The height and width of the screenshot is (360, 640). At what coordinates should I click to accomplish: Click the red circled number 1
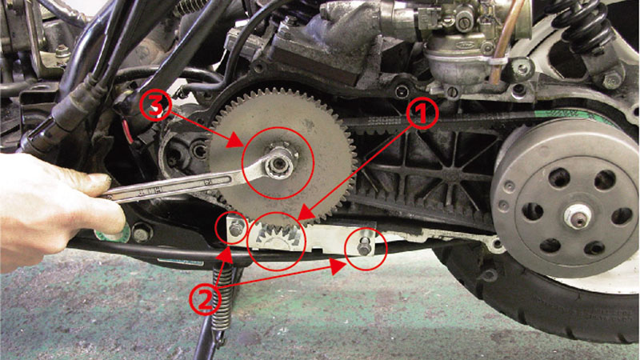point(422,114)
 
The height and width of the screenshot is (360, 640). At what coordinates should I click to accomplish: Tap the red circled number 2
point(206,299)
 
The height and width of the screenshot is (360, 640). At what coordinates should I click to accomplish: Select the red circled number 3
point(155,106)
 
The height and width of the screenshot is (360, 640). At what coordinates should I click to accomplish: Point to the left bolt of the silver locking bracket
point(236,229)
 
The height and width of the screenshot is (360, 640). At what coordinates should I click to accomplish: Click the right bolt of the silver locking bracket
point(364,247)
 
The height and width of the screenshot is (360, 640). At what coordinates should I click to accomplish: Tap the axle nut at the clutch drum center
point(578,216)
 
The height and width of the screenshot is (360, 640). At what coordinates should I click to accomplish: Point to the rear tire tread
point(530,302)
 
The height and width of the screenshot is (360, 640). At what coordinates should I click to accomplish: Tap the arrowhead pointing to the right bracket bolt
point(338,266)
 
